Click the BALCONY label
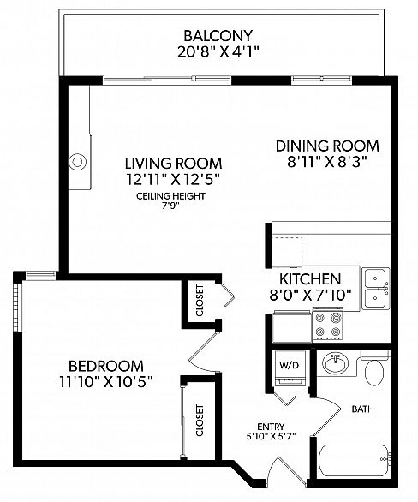point(218,35)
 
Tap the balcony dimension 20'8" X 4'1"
point(218,52)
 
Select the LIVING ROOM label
point(173,164)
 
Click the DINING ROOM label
point(327,146)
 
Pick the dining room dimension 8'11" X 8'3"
point(327,162)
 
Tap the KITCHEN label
point(310,279)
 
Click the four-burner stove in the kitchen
point(328,326)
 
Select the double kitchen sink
point(376,289)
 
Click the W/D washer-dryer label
point(289,365)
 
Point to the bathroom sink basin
point(336,364)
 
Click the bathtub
point(354,460)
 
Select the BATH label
point(362,409)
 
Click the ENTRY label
point(271,427)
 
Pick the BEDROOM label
point(106,366)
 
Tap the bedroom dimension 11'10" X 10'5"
point(105,381)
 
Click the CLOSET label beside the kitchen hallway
point(200,301)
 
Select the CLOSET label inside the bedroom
point(200,421)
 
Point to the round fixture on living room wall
point(78,162)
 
